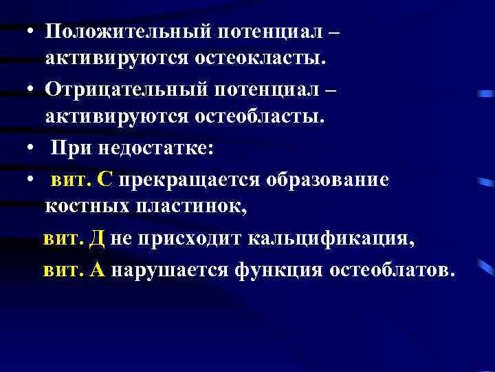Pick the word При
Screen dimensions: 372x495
pyautogui.click(x=68, y=149)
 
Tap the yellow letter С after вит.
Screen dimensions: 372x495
pyautogui.click(x=104, y=180)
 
